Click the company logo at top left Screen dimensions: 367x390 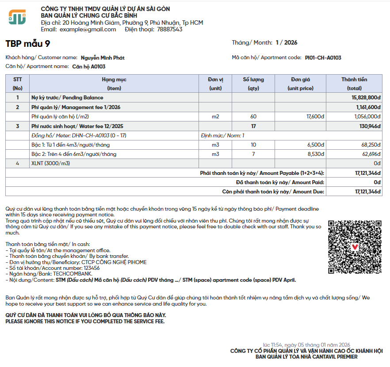17,17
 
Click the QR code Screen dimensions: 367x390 355,247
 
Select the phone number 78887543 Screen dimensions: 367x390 169,30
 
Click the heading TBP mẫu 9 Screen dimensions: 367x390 28,43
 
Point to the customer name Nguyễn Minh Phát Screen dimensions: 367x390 103,58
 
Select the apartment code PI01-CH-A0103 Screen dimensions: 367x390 323,58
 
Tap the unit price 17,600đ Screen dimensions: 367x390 315,117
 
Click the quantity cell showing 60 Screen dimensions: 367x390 253,117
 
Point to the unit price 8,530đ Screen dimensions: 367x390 316,154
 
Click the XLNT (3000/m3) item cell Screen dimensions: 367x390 51,163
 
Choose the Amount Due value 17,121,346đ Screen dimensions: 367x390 367,192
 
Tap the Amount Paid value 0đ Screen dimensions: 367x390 377,182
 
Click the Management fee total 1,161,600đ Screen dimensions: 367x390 368,107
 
